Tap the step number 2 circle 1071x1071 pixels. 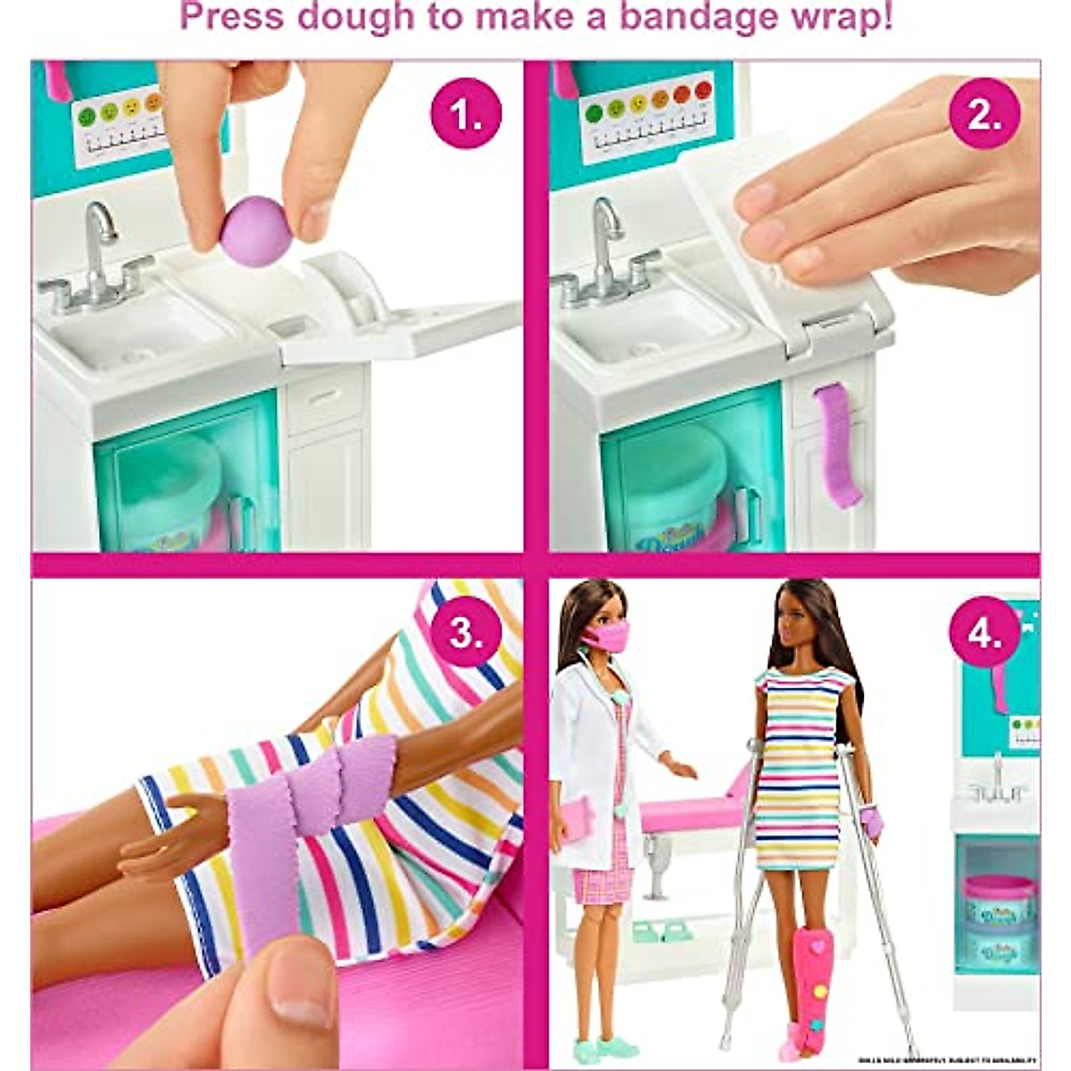(x=984, y=113)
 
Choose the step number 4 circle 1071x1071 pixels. (x=984, y=632)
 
